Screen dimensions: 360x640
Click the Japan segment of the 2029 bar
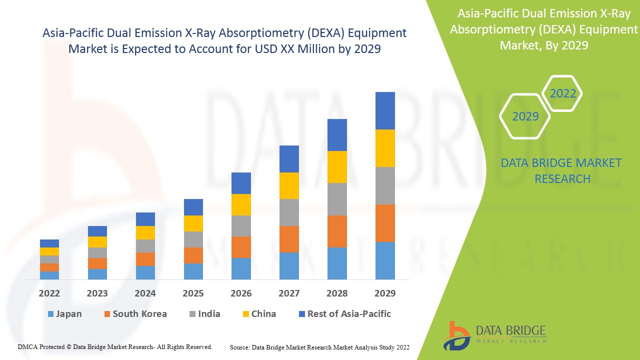tap(385, 260)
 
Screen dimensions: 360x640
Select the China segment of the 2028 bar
tap(337, 167)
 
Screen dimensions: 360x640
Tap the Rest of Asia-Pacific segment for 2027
tap(289, 159)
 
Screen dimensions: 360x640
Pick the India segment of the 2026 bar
tap(241, 226)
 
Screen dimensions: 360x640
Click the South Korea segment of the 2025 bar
tap(193, 255)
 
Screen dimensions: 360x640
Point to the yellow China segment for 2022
tap(49, 251)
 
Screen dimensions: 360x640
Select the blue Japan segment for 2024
tap(145, 272)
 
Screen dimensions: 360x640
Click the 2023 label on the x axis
tap(97, 293)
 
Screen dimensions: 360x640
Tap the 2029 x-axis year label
tap(385, 293)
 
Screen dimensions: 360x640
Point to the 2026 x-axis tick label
tap(241, 293)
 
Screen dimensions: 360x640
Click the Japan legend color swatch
tap(50, 314)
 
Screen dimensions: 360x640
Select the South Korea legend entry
tap(135, 314)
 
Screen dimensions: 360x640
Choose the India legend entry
tap(204, 314)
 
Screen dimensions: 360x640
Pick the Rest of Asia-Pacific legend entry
tap(344, 314)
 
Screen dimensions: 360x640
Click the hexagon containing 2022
tap(562, 93)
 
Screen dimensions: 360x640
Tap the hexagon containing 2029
tap(525, 116)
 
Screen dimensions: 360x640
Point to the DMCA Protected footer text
tap(115, 347)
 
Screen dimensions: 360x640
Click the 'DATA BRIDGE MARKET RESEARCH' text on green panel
tap(562, 171)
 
